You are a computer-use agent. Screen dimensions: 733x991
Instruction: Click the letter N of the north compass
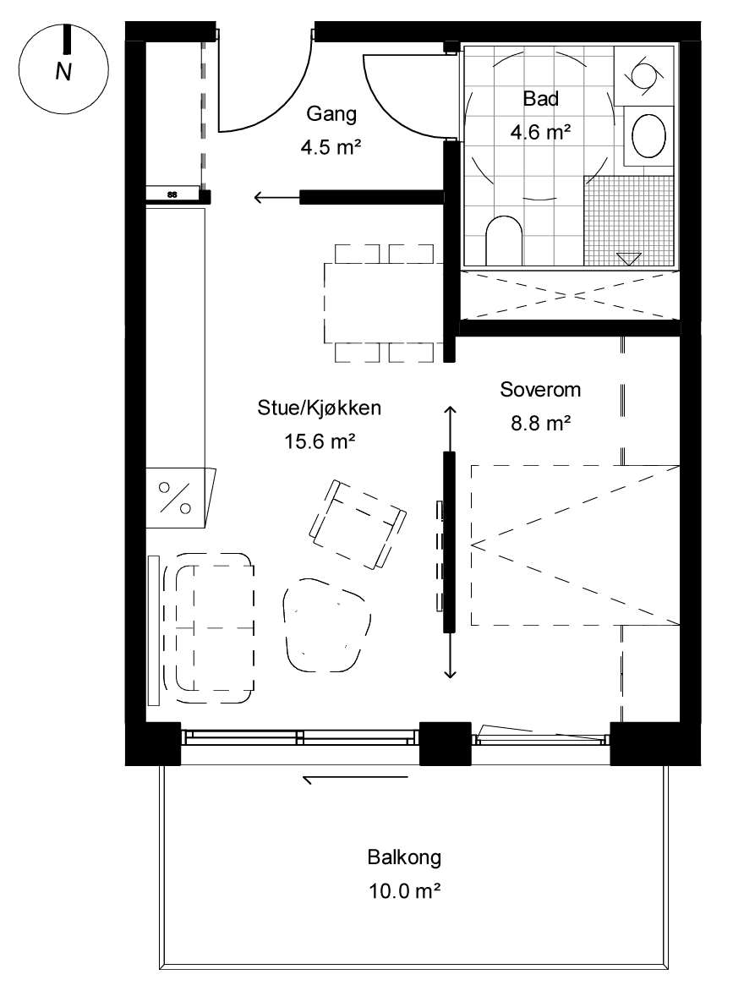[63, 71]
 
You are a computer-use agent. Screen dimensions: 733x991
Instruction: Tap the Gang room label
[331, 114]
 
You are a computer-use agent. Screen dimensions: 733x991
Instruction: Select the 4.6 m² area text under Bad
[540, 132]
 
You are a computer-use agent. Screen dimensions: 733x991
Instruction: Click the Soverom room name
[540, 389]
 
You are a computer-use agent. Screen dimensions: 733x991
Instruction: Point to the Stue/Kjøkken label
[319, 408]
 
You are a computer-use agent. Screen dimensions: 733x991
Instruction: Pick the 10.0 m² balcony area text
[404, 891]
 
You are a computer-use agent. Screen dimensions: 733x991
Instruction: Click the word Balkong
[404, 857]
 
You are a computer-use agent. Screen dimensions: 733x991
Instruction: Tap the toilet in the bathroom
[504, 242]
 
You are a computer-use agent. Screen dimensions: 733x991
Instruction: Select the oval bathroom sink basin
[649, 136]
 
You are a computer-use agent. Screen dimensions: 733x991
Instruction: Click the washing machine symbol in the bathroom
[644, 75]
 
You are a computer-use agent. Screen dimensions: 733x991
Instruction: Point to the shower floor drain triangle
[629, 259]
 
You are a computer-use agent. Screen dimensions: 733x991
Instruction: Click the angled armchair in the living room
[358, 524]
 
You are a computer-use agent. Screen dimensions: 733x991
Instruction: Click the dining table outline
[383, 303]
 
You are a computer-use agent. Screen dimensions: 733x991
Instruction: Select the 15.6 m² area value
[319, 441]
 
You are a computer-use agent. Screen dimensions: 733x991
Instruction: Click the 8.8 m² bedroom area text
[541, 423]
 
